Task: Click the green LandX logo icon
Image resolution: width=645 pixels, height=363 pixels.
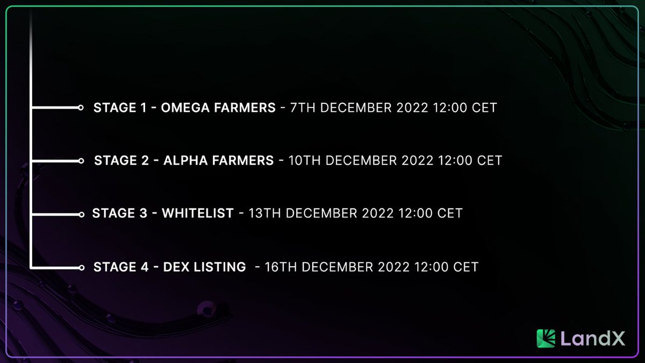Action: click(546, 338)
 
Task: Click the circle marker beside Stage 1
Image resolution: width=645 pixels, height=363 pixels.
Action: click(81, 108)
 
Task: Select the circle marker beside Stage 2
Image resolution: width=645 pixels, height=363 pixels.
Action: click(81, 161)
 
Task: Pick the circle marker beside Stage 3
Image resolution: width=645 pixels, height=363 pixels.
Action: click(81, 214)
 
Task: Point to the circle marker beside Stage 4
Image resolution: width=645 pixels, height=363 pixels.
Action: click(81, 267)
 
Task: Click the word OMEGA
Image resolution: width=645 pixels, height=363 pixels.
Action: click(185, 108)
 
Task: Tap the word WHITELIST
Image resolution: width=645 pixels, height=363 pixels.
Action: click(198, 213)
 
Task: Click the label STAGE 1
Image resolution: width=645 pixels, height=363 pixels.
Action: click(120, 108)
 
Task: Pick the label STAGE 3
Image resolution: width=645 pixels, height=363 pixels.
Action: click(119, 213)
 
